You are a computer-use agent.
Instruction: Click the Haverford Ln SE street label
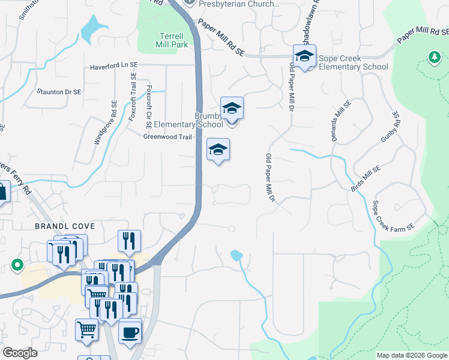click(x=118, y=67)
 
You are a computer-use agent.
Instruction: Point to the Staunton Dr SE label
click(x=59, y=92)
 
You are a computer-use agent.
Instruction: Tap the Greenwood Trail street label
click(x=167, y=137)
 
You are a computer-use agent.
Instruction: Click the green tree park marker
click(x=433, y=57)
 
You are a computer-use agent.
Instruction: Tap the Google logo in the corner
click(x=20, y=353)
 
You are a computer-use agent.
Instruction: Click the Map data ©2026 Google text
click(x=412, y=355)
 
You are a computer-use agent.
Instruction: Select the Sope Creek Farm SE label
click(x=394, y=216)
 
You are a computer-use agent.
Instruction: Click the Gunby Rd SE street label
click(x=389, y=127)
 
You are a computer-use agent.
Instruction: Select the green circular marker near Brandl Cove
click(x=17, y=265)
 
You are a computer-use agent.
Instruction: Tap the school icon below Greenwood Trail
click(x=218, y=149)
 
